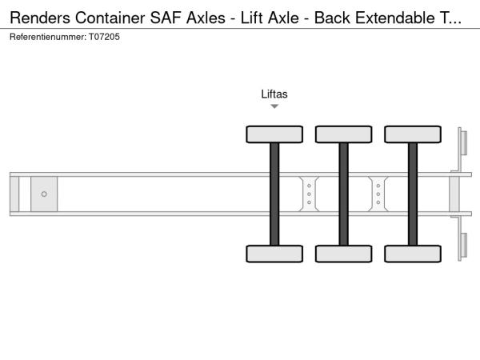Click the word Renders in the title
40,18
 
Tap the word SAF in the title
166,18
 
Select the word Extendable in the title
395,18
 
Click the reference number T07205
104,37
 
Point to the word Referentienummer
48,37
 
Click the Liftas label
274,94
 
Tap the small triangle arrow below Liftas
274,106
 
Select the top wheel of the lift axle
274,134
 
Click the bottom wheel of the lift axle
274,254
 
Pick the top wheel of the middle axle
344,134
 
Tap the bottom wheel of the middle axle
344,254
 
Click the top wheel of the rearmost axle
413,134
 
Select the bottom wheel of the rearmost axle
413,254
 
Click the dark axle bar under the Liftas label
274,194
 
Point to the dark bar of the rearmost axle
413,194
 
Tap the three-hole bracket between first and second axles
309,194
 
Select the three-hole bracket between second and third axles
378,194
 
